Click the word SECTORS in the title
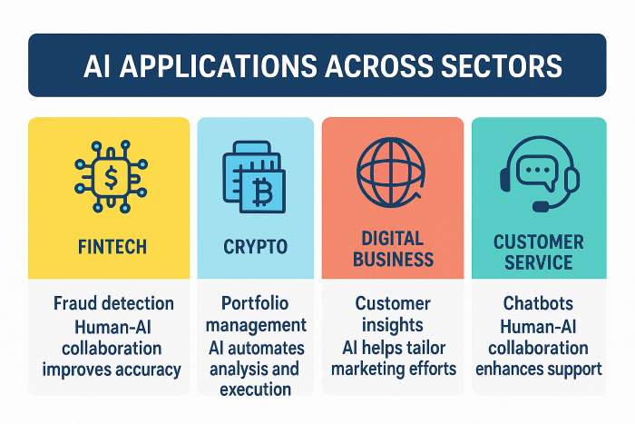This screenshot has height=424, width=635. (x=502, y=66)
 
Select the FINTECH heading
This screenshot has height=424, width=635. (x=112, y=247)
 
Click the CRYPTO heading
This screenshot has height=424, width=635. (x=255, y=247)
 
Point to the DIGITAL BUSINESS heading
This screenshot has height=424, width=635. (x=393, y=249)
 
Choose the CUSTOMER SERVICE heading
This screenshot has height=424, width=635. (x=539, y=252)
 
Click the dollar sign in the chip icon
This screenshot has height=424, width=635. (x=111, y=177)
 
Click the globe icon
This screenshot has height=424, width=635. (x=391, y=173)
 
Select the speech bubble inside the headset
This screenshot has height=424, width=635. (x=537, y=172)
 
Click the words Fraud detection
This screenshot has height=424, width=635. (x=113, y=303)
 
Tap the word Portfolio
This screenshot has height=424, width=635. (x=255, y=303)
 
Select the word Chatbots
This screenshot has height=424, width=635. (x=538, y=303)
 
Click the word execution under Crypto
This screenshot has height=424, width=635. (x=255, y=389)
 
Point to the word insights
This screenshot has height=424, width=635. (x=393, y=325)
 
